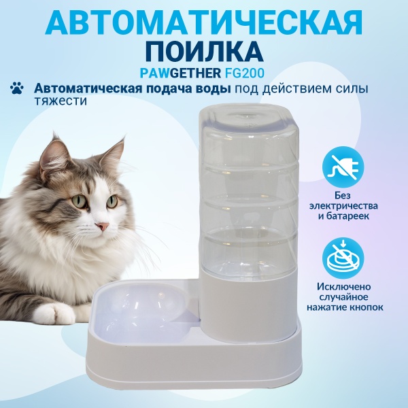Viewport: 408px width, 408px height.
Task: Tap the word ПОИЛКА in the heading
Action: coord(204,52)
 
